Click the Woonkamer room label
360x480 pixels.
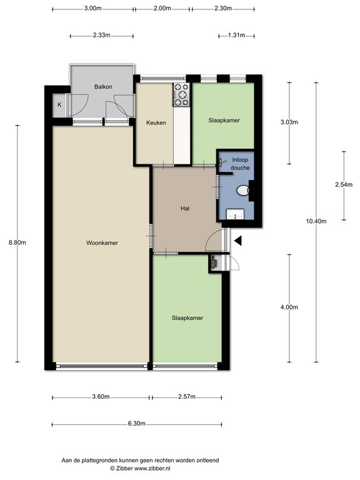[x=102, y=242]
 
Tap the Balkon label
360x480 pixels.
[x=103, y=87]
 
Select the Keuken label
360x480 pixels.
[x=156, y=122]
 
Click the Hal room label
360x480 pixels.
[x=185, y=209]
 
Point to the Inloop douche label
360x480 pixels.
[x=240, y=164]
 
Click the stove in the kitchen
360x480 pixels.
[x=181, y=95]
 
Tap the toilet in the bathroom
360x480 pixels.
[x=243, y=191]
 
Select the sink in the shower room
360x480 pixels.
[x=235, y=214]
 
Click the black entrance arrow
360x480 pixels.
[x=238, y=241]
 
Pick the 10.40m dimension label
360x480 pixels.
[x=316, y=221]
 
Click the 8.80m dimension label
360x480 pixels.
[x=17, y=242]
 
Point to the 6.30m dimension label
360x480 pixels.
[x=136, y=424]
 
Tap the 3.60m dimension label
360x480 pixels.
[x=101, y=397]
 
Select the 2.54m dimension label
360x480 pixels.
[x=344, y=184]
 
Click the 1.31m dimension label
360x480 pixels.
[x=236, y=35]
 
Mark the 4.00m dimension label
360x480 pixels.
[x=289, y=307]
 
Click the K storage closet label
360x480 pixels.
[x=59, y=105]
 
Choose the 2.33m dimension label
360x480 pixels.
[x=102, y=35]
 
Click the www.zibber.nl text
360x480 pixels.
[x=152, y=468]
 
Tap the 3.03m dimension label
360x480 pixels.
[x=289, y=122]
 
